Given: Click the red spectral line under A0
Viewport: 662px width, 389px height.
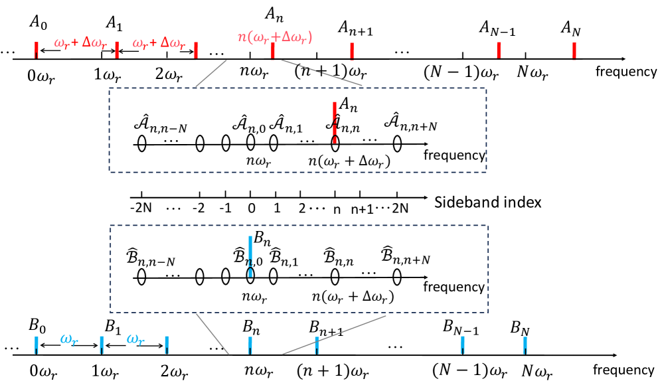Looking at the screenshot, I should coord(37,50).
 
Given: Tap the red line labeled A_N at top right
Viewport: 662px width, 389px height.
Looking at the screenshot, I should coord(574,50).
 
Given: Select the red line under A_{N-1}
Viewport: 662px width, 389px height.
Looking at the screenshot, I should coord(499,50).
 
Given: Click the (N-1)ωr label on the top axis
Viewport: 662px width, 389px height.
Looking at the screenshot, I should coord(460,72).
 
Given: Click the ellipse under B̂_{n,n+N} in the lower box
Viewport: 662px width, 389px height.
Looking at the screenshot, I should coord(397,275).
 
